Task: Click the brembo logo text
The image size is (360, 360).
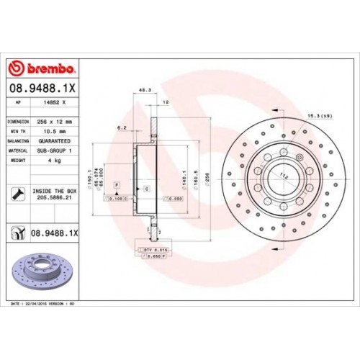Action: (47, 68)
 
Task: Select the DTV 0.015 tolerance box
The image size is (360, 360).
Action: (152, 248)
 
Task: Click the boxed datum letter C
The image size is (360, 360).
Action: (146, 188)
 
